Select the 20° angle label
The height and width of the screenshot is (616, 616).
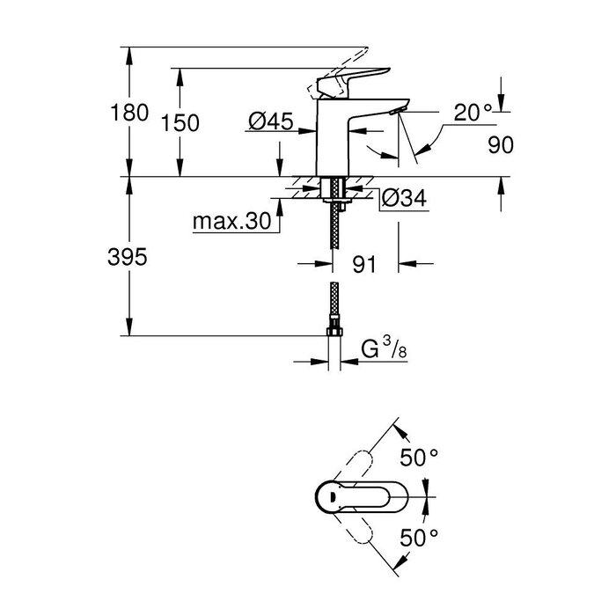[x=473, y=112]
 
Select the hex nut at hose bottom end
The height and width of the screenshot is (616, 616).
[x=334, y=333]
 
